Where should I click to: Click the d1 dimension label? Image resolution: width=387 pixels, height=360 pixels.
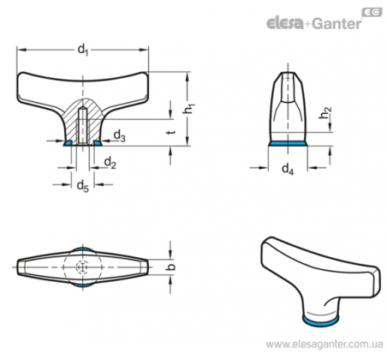pyautogui.click(x=83, y=51)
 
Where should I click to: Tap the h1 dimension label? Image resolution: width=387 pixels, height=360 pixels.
pyautogui.click(x=188, y=108)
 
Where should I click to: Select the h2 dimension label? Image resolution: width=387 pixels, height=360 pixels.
pyautogui.click(x=325, y=112)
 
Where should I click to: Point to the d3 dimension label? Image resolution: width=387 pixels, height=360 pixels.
pyautogui.click(x=120, y=135)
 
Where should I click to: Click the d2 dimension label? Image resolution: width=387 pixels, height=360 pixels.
pyautogui.click(x=110, y=163)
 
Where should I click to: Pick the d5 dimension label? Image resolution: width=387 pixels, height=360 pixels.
pyautogui.click(x=83, y=186)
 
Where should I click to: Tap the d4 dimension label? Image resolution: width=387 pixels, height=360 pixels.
pyautogui.click(x=288, y=169)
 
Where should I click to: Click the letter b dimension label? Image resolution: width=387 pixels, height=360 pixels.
pyautogui.click(x=171, y=267)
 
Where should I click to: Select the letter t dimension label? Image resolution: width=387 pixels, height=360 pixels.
pyautogui.click(x=171, y=132)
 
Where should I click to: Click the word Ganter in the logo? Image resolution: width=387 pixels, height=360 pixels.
pyautogui.click(x=336, y=23)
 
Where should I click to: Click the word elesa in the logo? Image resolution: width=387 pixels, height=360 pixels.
pyautogui.click(x=285, y=23)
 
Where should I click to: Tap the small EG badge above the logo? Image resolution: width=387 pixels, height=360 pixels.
pyautogui.click(x=372, y=12)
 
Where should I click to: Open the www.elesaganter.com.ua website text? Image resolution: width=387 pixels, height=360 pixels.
pyautogui.click(x=324, y=345)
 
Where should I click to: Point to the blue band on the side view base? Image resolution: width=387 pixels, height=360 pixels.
pyautogui.click(x=288, y=143)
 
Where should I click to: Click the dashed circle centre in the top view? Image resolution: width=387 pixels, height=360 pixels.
pyautogui.click(x=82, y=267)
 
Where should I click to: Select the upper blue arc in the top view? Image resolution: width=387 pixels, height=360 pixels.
pyautogui.click(x=83, y=249)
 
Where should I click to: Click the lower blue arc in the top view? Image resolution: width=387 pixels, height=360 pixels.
pyautogui.click(x=83, y=285)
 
